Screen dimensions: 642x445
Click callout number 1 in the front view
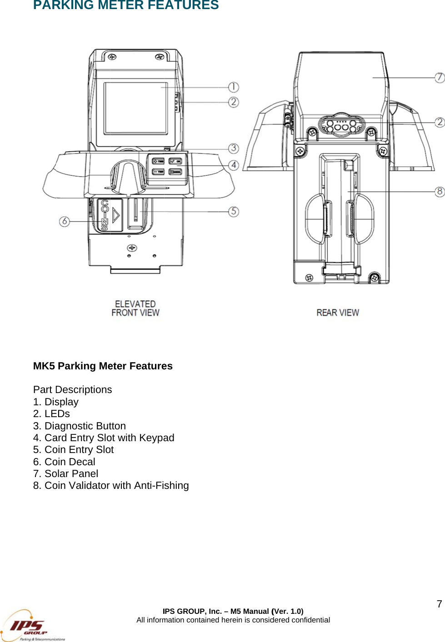(x=233, y=87)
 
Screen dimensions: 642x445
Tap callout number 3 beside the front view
(x=233, y=148)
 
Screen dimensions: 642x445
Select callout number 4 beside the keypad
(x=233, y=165)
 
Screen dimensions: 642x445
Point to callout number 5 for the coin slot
(x=233, y=211)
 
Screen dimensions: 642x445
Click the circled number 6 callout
(x=65, y=221)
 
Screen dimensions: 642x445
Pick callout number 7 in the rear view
(x=439, y=78)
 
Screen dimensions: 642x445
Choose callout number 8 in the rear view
(x=439, y=192)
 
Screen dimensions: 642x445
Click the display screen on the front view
(x=135, y=108)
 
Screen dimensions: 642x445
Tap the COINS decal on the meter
(x=105, y=215)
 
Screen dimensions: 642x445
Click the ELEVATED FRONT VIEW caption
(x=135, y=308)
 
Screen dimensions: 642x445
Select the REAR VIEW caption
(x=338, y=313)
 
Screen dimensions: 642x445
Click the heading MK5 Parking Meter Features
(x=103, y=366)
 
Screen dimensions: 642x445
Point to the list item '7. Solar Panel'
(x=65, y=473)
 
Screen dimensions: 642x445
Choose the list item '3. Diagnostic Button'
(x=80, y=426)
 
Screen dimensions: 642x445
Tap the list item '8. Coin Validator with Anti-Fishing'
(x=111, y=485)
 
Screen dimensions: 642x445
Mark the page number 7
(x=439, y=604)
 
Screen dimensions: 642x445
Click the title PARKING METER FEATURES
(x=126, y=5)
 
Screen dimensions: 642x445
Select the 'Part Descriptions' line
(x=72, y=390)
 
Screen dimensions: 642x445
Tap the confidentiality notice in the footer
(x=233, y=620)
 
